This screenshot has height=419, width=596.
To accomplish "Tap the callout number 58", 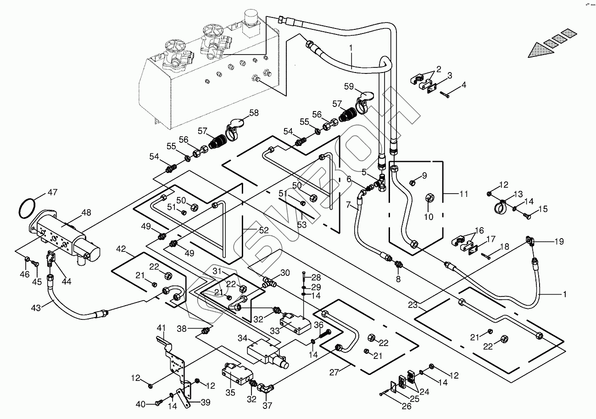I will (254, 113).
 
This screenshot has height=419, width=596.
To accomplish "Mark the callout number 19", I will (559, 241).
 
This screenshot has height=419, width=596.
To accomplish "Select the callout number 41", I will (161, 328).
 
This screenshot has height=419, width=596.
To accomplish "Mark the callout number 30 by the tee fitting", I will (285, 273).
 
